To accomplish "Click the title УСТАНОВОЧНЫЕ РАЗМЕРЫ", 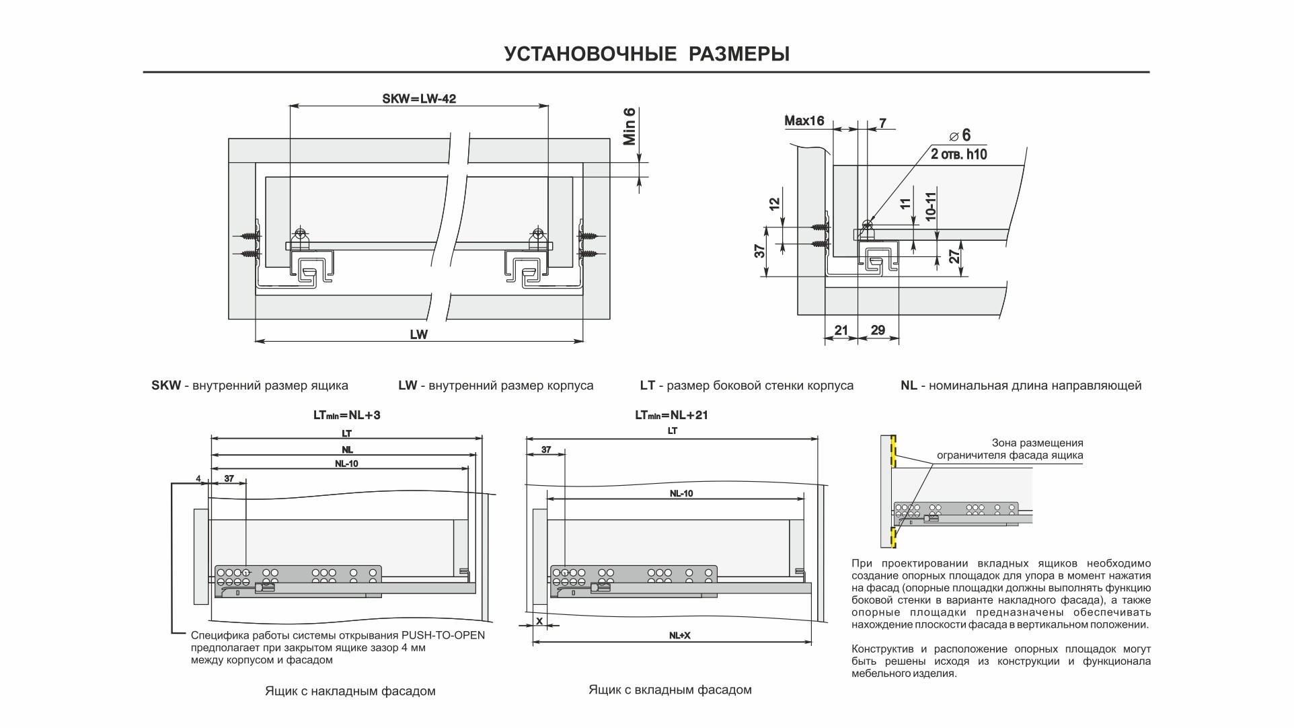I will click(646, 54).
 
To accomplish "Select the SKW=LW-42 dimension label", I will click(419, 99).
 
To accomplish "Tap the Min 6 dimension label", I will click(630, 126).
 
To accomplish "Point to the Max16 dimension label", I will click(804, 121).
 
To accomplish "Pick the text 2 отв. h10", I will click(958, 153).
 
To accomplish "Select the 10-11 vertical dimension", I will click(931, 205).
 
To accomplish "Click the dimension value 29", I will click(878, 330).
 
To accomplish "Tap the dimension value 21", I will click(841, 330).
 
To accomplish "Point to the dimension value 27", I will click(954, 256).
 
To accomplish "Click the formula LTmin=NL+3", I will click(346, 415).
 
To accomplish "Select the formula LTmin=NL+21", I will click(671, 415).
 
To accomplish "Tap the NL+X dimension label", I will click(679, 636).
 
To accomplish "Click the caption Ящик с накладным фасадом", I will click(350, 691).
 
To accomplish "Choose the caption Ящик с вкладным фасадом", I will click(670, 690).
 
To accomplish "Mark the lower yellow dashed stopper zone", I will click(894, 537).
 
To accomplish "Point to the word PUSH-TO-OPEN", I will click(443, 635).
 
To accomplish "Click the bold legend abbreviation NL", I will click(909, 386).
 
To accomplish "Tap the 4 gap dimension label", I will click(198, 478).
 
